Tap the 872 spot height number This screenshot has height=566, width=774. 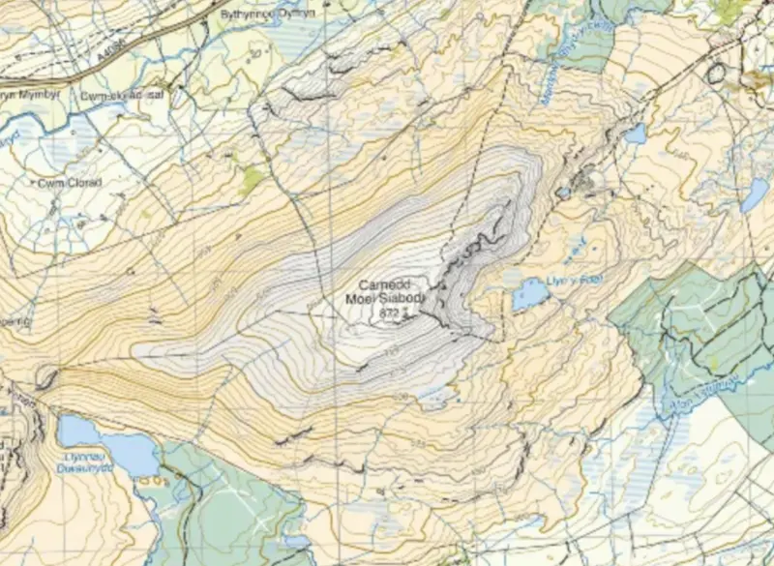click(x=390, y=313)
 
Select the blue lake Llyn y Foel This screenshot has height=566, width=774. click(x=529, y=293)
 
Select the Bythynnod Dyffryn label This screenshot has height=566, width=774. click(x=268, y=15)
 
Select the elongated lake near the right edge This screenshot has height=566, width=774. click(x=754, y=195)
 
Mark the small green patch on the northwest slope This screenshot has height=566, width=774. click(x=253, y=179)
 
